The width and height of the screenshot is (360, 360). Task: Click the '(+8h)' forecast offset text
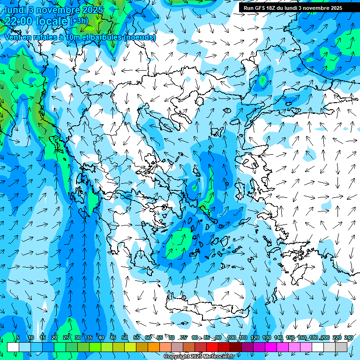[79, 21]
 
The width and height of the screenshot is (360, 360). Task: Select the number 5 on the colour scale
[18, 338]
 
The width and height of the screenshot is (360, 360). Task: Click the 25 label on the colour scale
[66, 338]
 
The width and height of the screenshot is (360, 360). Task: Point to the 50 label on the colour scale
[125, 338]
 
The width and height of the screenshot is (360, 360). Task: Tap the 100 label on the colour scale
[231, 338]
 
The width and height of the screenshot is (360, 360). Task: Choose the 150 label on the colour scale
[290, 338]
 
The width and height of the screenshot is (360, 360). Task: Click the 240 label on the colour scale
[349, 338]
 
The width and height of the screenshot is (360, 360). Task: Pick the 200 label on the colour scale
[325, 338]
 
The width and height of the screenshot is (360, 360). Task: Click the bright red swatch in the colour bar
[212, 347]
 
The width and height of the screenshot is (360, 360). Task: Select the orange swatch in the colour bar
[153, 347]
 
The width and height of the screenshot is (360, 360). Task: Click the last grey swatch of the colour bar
[341, 347]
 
